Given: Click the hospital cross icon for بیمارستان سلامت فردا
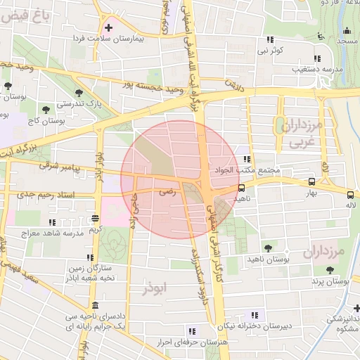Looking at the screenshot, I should pyautogui.click(x=108, y=28).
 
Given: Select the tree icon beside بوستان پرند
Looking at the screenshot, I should pyautogui.click(x=328, y=270).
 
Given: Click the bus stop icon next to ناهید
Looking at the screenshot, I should pyautogui.click(x=242, y=188).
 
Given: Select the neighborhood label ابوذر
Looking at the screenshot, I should pyautogui.click(x=155, y=289).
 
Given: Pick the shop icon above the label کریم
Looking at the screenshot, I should pyautogui.click(x=95, y=218).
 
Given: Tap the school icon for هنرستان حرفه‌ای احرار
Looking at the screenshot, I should pyautogui.click(x=191, y=330).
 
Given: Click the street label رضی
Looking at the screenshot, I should pyautogui.click(x=166, y=190).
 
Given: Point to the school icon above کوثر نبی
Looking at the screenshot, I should pyautogui.click(x=270, y=40).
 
